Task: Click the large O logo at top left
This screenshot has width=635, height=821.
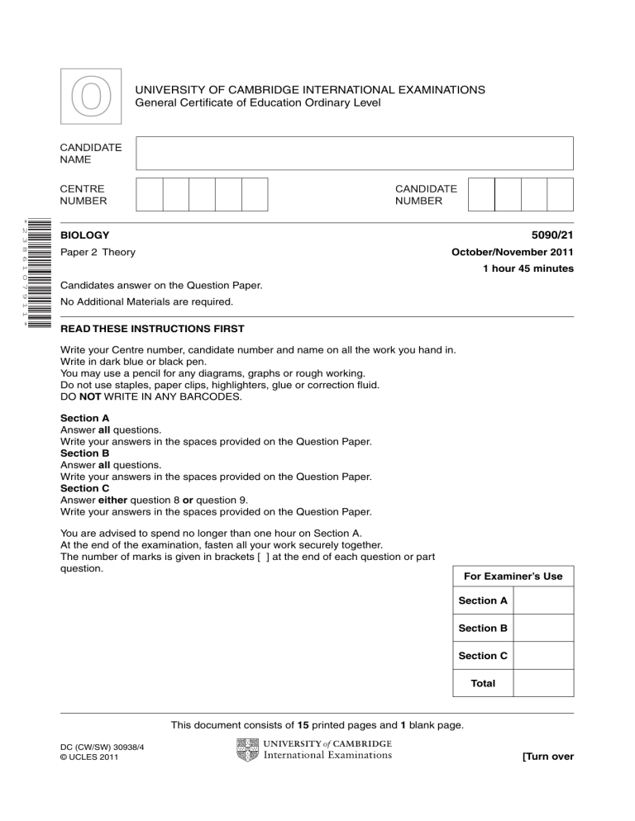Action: point(90,98)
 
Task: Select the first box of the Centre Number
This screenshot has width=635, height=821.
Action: point(150,195)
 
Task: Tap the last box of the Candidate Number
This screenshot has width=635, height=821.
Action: point(560,195)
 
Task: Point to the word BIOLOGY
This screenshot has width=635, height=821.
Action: point(85,235)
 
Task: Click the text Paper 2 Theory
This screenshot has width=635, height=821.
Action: point(98,252)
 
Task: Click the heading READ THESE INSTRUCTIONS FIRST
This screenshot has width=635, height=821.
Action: point(152,329)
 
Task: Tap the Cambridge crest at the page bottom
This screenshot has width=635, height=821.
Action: point(247,749)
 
